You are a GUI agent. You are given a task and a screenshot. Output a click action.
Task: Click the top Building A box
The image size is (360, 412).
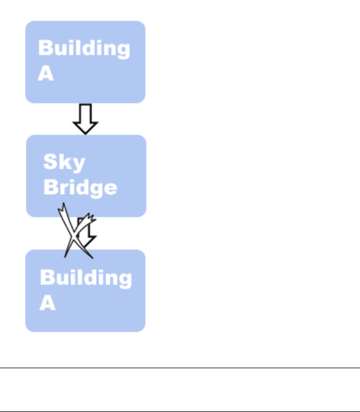click(x=85, y=62)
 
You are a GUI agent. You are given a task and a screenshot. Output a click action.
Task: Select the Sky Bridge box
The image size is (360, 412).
click(x=86, y=175)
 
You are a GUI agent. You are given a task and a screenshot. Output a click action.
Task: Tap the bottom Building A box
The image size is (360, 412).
click(x=85, y=290)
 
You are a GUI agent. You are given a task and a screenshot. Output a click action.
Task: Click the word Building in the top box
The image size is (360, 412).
click(x=84, y=49)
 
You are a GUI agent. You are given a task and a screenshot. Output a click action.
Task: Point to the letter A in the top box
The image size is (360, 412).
click(x=46, y=74)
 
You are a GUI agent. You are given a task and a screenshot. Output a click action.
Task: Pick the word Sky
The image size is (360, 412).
click(x=64, y=163)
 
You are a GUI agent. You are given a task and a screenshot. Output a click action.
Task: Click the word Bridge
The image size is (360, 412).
click(x=80, y=187)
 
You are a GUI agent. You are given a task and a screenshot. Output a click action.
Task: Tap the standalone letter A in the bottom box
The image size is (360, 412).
click(x=48, y=303)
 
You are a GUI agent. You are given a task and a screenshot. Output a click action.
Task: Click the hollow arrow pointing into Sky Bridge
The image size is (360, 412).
click(x=86, y=118)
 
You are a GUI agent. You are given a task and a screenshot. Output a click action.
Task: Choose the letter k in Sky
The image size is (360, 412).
click(x=64, y=162)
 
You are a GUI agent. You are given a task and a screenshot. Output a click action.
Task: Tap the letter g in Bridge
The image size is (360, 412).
click(x=95, y=189)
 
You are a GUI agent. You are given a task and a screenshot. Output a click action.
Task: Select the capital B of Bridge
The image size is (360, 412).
click(x=51, y=186)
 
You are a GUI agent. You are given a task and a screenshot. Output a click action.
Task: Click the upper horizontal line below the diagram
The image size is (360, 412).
click(x=180, y=368)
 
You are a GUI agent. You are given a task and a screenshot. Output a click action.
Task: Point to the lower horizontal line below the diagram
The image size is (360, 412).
click(x=180, y=411)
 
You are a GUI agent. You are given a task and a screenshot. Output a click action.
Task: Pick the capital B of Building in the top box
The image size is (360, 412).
click(x=45, y=48)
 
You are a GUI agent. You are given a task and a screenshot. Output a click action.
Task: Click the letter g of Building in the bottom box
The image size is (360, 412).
click(x=124, y=280)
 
